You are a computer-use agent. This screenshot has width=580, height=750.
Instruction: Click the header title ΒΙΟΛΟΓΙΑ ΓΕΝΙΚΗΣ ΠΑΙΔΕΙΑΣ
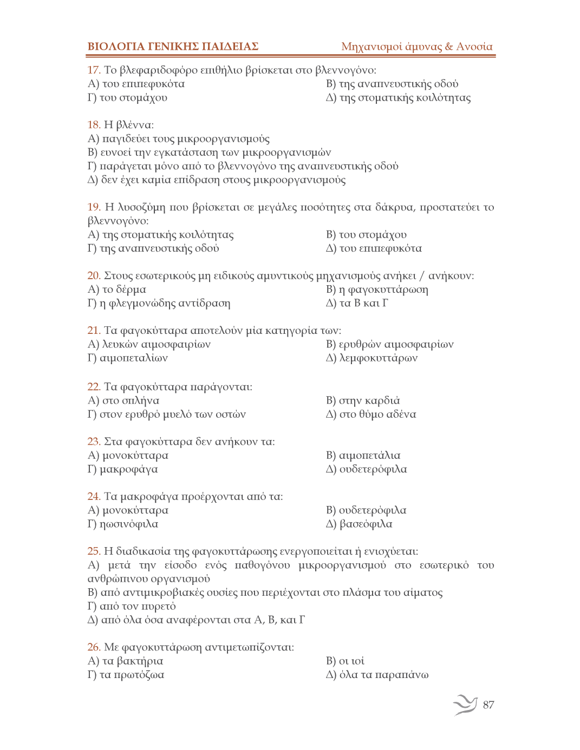pos(173,47)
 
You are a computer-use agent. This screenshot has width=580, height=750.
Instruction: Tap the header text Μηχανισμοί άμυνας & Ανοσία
pos(416,47)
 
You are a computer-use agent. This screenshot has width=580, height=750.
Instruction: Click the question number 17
pos(94,70)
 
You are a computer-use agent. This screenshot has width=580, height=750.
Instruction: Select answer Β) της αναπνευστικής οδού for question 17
pos(392,84)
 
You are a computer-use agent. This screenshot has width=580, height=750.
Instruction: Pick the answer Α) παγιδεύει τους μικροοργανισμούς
pos(178,139)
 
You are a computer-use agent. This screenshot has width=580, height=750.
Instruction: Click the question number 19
pos(94,207)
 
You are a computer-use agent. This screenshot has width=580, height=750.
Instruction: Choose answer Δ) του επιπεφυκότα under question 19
pos(374,248)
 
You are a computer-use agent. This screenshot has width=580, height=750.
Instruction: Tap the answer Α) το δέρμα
pos(116,290)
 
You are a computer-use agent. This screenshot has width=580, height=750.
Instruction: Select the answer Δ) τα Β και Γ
pos(357,303)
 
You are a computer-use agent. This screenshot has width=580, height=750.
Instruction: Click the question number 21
pos(94,331)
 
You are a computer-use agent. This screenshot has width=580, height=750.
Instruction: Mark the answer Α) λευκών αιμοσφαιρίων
pos(149,344)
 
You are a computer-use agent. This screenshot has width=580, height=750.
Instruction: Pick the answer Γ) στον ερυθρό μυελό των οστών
pos(166,415)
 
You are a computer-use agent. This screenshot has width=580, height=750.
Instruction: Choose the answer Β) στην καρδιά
pos(363,401)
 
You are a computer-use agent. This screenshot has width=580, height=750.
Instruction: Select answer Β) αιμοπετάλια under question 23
pos(363,456)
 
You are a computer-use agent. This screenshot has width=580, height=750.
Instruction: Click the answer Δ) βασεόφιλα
pos(359,524)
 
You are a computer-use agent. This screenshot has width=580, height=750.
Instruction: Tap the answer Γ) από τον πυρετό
pos(132,606)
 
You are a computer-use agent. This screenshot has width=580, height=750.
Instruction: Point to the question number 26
pos(94,647)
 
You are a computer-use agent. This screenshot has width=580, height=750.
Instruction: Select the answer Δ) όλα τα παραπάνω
pos(377,675)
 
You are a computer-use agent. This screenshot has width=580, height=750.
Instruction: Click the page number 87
pos(488,705)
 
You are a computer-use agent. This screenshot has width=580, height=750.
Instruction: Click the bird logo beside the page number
pos(465,705)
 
